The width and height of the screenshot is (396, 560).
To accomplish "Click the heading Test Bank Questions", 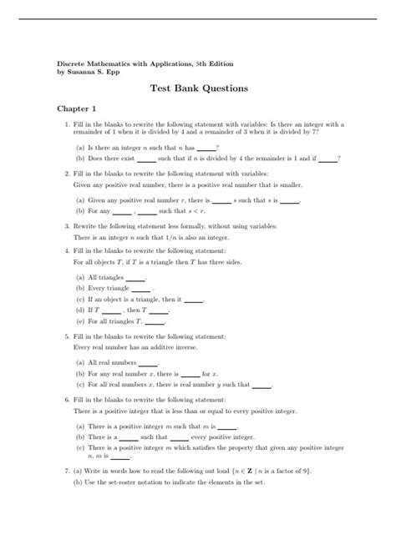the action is (x=197, y=86).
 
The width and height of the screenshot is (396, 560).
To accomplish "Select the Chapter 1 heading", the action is (x=77, y=108).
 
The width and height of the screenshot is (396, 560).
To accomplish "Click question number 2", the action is (x=66, y=174).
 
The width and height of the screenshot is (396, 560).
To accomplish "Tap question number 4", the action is (x=66, y=250).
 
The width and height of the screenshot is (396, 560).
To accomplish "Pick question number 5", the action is (x=66, y=336).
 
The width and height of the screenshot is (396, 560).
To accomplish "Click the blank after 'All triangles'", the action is (x=134, y=278).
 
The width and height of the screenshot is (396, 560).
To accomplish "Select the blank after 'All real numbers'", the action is (x=149, y=364).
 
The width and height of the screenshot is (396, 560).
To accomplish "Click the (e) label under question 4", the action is (x=79, y=320).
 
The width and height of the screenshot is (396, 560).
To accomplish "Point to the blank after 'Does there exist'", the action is (x=147, y=158).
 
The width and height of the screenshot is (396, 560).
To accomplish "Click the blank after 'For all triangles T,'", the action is (x=156, y=321).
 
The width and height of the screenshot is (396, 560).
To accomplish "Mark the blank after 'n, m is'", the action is (x=121, y=457).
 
